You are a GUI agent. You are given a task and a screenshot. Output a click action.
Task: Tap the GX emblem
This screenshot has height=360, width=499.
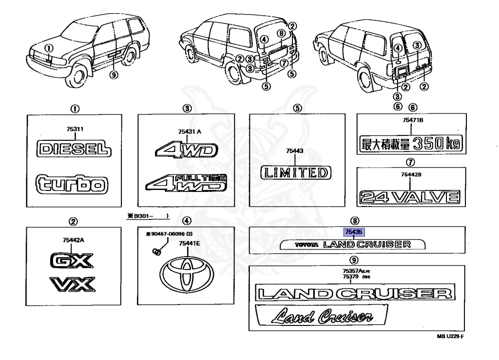coord(71,262)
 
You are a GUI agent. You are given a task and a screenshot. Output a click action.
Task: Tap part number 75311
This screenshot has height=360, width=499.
coord(75,129)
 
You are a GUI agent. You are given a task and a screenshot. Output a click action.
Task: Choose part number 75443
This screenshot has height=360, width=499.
coord(295,152)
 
